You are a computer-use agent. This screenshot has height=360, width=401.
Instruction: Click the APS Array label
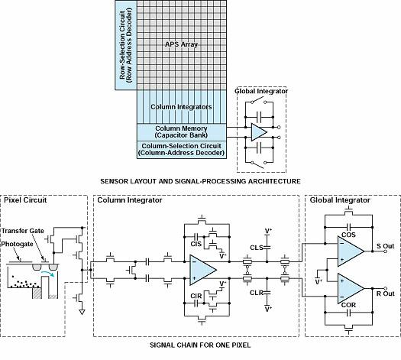coord(181,44)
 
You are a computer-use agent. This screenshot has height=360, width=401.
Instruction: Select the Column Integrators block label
coord(181,107)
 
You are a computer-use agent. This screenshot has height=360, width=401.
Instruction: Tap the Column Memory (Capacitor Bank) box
coord(182,132)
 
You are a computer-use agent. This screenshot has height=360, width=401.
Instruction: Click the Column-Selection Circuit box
coord(182,150)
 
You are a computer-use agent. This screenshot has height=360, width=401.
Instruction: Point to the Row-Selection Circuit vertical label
coord(126,45)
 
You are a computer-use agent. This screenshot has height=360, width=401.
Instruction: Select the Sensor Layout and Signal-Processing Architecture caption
coord(200,181)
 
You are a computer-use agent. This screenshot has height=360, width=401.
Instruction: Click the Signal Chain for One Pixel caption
coord(200,345)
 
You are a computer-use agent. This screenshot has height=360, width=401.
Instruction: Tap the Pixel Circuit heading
coord(25,200)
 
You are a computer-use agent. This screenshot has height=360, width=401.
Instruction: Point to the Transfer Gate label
coord(23,231)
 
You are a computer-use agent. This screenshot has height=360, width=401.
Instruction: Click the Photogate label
coord(17,244)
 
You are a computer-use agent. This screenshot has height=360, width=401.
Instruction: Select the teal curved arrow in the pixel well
coord(48,274)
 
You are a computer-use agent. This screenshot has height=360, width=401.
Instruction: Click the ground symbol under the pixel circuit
coord(82,312)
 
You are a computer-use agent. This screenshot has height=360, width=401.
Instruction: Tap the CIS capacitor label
coord(196,244)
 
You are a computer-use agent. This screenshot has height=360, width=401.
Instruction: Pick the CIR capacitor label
coord(196,296)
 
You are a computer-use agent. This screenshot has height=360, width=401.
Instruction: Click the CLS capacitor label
coord(257,248)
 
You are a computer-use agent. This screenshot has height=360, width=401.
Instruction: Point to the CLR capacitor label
coord(257,293)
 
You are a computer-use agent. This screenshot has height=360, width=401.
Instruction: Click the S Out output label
coord(386,246)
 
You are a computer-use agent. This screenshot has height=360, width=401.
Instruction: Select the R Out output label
coord(386,294)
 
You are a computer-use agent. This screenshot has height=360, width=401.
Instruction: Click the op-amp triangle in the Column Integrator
coord(203,270)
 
